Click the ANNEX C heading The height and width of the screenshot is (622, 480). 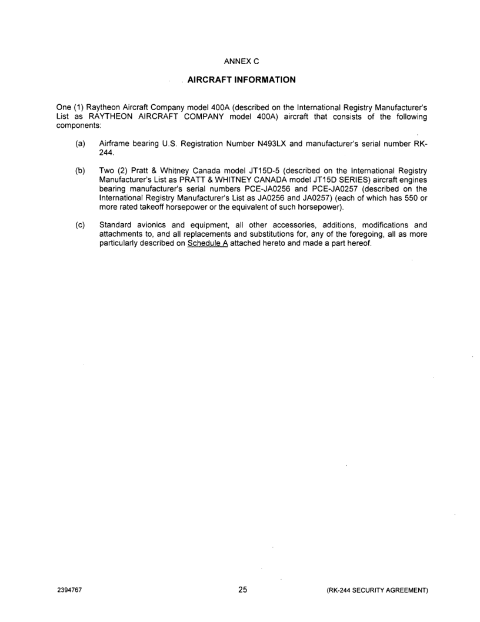[x=240, y=61]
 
